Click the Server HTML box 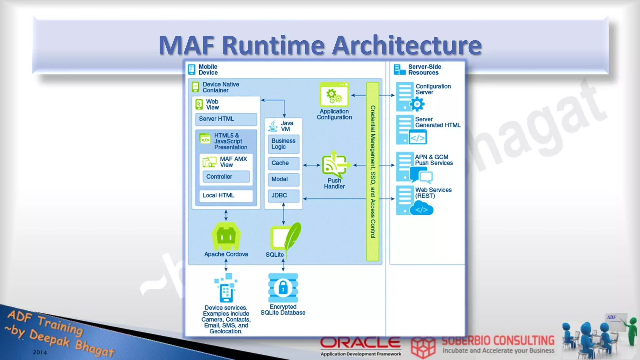pyautogui.click(x=226, y=119)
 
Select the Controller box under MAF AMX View pyautogui.click(x=226, y=177)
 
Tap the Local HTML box pyautogui.click(x=226, y=196)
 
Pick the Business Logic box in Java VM pyautogui.click(x=283, y=144)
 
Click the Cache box pyautogui.click(x=283, y=163)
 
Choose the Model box pyautogui.click(x=283, y=179)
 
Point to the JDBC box pyautogui.click(x=283, y=196)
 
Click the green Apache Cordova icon pyautogui.click(x=226, y=236)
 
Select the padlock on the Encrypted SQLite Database pyautogui.click(x=283, y=287)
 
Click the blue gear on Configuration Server pyautogui.click(x=417, y=104)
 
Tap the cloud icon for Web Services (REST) pyautogui.click(x=422, y=209)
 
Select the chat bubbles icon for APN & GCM pyautogui.click(x=422, y=175)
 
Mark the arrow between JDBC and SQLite pyautogui.click(x=283, y=214)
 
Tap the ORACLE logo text pyautogui.click(x=360, y=343)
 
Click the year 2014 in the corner pyautogui.click(x=40, y=352)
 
